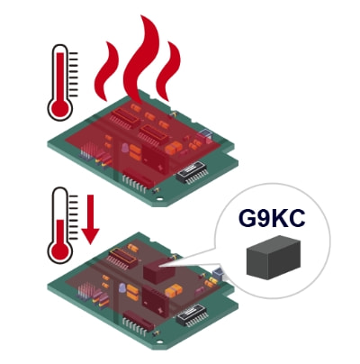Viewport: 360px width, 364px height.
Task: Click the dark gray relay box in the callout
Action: pyautogui.click(x=274, y=258)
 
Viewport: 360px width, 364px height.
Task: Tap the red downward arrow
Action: pyautogui.click(x=90, y=219)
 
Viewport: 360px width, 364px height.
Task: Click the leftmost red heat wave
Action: pyautogui.click(x=106, y=71)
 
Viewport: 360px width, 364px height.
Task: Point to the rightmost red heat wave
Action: pyautogui.click(x=168, y=71)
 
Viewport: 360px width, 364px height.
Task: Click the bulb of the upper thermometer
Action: pyautogui.click(x=60, y=108)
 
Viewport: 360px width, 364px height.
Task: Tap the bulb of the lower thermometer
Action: pyautogui.click(x=60, y=250)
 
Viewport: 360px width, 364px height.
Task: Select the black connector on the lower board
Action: pyautogui.click(x=192, y=317)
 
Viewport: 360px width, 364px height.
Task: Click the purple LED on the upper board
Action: pyautogui.click(x=124, y=148)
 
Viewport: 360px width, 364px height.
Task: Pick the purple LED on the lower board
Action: pyautogui.click(x=122, y=288)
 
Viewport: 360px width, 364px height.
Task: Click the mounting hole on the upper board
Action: pyautogui.click(x=160, y=198)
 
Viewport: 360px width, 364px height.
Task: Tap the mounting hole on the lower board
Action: pyautogui.click(x=160, y=341)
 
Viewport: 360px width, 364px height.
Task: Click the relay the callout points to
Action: pyautogui.click(x=158, y=270)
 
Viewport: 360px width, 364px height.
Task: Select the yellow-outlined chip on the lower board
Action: pyautogui.click(x=124, y=257)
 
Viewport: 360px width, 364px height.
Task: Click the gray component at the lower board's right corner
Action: pyautogui.click(x=219, y=274)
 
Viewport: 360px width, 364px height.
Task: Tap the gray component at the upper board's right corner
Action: pyautogui.click(x=207, y=135)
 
